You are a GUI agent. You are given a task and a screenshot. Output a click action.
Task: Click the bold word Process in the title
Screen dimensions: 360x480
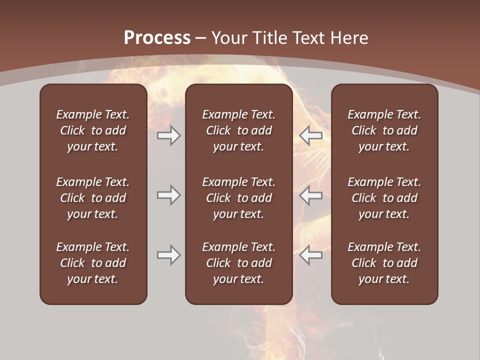pyautogui.click(x=157, y=38)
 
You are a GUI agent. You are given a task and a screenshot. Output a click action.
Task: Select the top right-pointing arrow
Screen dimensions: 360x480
pyautogui.click(x=169, y=135)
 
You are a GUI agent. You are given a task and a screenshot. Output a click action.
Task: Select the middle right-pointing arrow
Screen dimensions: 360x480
pyautogui.click(x=169, y=195)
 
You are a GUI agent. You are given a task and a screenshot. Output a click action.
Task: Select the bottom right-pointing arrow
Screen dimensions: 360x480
pyautogui.click(x=169, y=255)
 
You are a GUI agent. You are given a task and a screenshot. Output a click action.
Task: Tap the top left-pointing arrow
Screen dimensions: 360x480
pyautogui.click(x=311, y=135)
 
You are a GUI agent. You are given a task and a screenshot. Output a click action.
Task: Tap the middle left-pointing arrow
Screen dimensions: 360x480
pyautogui.click(x=311, y=195)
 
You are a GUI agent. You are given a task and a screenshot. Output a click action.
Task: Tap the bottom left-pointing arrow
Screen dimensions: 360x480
pyautogui.click(x=311, y=255)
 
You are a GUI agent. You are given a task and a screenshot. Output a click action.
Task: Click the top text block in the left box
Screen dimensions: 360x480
pyautogui.click(x=93, y=130)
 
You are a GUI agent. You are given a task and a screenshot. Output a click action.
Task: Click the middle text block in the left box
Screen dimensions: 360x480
pyautogui.click(x=93, y=198)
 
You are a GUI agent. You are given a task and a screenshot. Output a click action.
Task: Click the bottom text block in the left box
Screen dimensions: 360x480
pyautogui.click(x=93, y=263)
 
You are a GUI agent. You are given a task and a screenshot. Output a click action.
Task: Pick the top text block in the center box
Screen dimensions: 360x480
pyautogui.click(x=238, y=130)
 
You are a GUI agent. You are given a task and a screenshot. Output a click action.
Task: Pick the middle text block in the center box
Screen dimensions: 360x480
pyautogui.click(x=238, y=198)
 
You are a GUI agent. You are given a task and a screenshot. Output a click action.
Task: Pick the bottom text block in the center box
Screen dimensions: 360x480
pyautogui.click(x=238, y=263)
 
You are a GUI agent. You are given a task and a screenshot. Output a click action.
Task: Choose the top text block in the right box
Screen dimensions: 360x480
pyautogui.click(x=384, y=130)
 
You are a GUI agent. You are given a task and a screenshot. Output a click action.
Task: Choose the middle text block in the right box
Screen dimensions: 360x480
pyautogui.click(x=384, y=198)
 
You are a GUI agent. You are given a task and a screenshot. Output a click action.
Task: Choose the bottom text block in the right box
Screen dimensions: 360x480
pyautogui.click(x=384, y=263)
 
